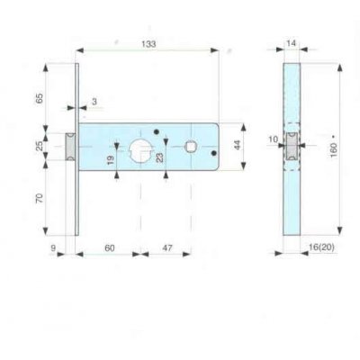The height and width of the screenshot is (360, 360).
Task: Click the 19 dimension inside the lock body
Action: pyautogui.click(x=110, y=161)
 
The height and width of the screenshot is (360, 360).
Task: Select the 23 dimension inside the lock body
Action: pyautogui.click(x=161, y=159)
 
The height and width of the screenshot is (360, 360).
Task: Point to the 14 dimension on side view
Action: pyautogui.click(x=291, y=42)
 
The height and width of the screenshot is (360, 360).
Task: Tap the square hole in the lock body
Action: pyautogui.click(x=191, y=145)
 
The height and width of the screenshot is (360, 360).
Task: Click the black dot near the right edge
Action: pyautogui.click(x=212, y=154)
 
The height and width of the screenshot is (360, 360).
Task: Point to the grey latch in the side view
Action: pyautogui.click(x=291, y=147)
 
